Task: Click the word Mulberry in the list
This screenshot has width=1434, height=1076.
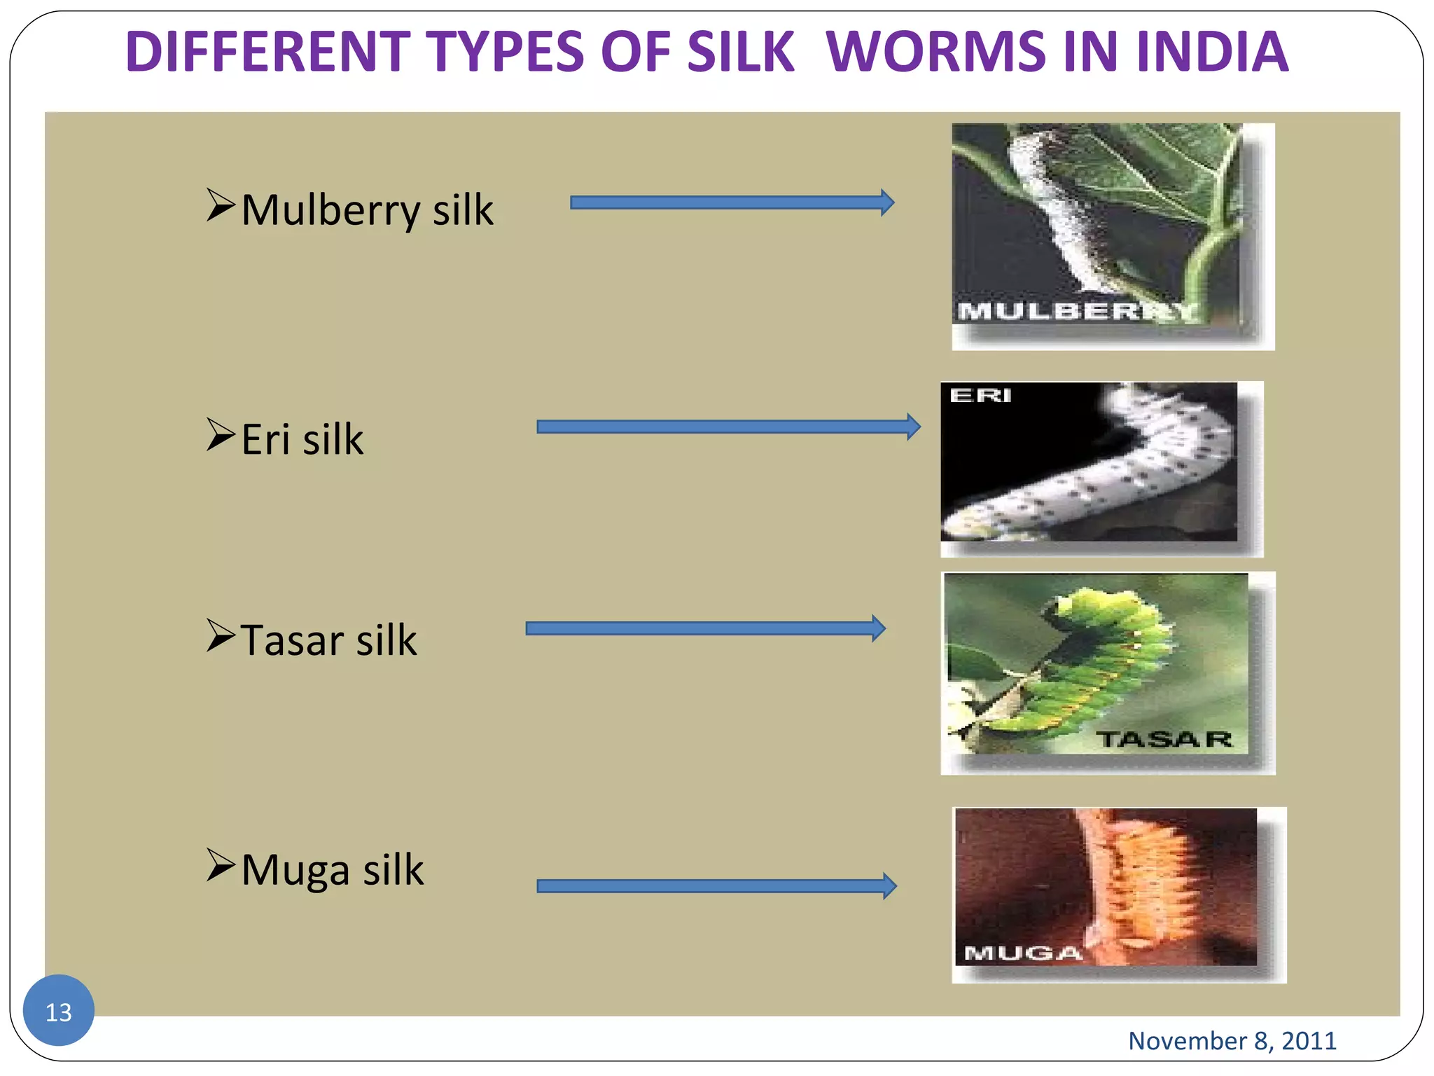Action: coord(330,210)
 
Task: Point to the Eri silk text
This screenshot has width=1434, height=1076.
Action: coord(302,439)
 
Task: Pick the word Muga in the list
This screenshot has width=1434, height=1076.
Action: coord(295,869)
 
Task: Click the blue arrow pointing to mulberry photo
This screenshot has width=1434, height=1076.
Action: coord(732,202)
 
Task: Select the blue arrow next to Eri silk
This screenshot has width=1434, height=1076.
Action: coord(728,427)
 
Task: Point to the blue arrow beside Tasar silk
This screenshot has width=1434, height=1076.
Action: coord(705,628)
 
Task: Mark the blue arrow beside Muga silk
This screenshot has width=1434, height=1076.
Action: coord(716,886)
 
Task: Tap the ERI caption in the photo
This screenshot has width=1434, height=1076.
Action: coord(980,396)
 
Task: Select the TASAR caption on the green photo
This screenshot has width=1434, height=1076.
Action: coord(1164,739)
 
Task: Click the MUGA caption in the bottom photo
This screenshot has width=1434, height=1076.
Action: coord(1022,953)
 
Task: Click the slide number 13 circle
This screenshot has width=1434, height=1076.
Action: coord(59,1010)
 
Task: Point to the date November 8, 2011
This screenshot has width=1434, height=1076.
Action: coord(1232,1040)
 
